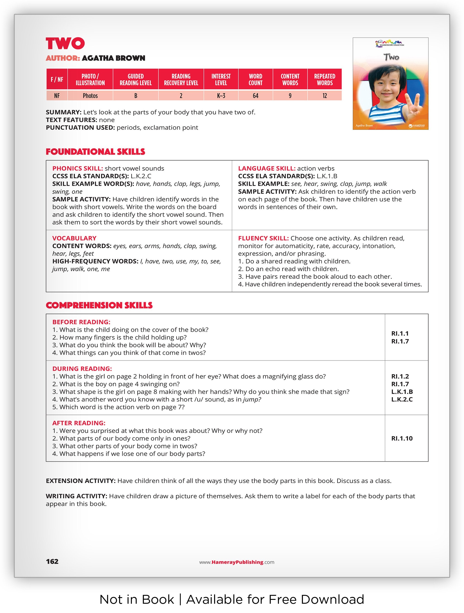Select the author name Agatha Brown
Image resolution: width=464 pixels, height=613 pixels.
click(x=113, y=58)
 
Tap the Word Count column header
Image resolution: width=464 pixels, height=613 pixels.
click(x=255, y=80)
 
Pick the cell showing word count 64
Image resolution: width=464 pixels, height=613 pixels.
click(x=255, y=96)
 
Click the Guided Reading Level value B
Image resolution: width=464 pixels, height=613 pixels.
click(x=135, y=96)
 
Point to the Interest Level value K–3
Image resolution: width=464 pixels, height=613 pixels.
click(x=221, y=96)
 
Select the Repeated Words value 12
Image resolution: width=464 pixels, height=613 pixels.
click(x=324, y=96)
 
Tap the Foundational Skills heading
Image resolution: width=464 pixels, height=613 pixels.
click(x=95, y=152)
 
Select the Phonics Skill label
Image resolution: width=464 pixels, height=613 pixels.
click(x=77, y=169)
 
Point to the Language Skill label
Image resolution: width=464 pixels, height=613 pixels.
click(x=266, y=169)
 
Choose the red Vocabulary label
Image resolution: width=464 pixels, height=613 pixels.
click(x=74, y=238)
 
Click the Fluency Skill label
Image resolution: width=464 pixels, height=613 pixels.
click(x=263, y=238)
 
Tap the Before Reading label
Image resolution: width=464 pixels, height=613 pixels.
click(x=81, y=322)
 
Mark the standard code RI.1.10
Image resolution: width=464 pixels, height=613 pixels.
click(x=402, y=439)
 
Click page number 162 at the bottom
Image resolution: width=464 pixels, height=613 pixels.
click(x=52, y=562)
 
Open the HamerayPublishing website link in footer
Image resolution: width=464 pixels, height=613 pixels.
click(x=237, y=562)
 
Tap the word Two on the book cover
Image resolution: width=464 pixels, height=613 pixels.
click(x=391, y=57)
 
